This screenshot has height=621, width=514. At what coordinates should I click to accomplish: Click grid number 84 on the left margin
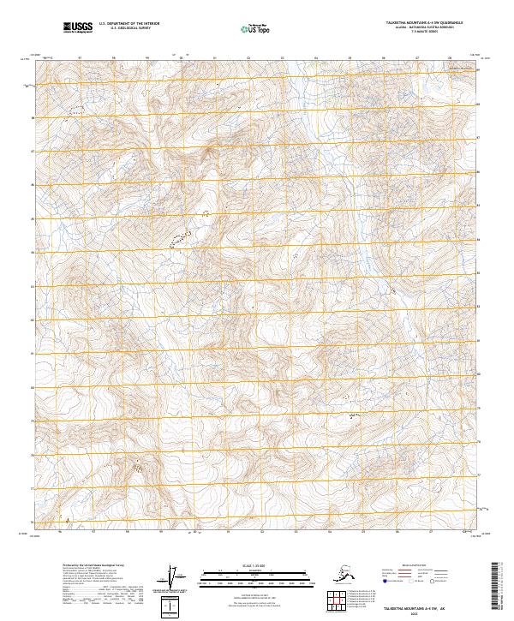pyautogui.click(x=33, y=253)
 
